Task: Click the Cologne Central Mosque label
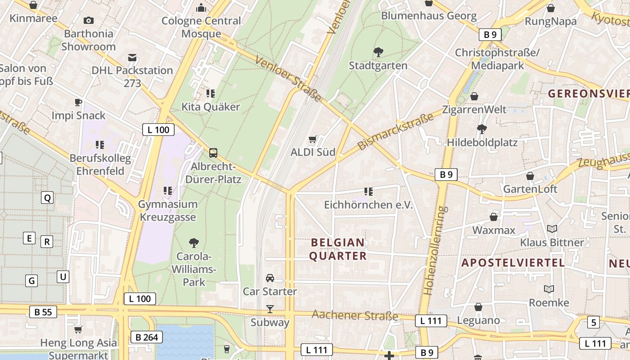(x=201, y=27)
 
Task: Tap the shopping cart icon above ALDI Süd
(x=313, y=139)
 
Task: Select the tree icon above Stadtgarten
(x=378, y=53)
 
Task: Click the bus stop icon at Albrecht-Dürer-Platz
(x=213, y=153)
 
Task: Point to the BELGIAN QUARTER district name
(x=338, y=249)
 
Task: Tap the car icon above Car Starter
(x=270, y=278)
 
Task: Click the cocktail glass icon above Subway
(x=270, y=309)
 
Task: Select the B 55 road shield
(x=43, y=312)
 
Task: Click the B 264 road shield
(x=146, y=337)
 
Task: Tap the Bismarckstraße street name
(x=396, y=131)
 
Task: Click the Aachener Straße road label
(x=355, y=315)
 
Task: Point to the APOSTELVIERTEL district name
(x=513, y=263)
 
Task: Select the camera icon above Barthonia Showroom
(x=89, y=20)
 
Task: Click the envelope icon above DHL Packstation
(x=132, y=58)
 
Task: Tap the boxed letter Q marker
(x=47, y=198)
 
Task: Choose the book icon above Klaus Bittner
(x=552, y=229)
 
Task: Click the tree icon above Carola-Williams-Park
(x=194, y=243)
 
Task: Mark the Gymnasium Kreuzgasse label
(x=167, y=211)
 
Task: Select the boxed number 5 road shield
(x=593, y=322)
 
